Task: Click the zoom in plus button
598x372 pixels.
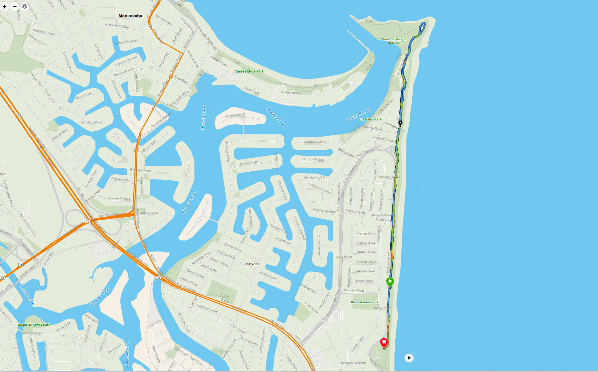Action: click(5, 6)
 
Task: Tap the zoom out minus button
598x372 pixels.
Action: click(15, 6)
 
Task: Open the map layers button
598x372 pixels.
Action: click(25, 6)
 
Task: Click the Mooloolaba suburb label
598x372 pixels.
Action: click(130, 16)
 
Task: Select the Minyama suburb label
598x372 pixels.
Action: click(253, 264)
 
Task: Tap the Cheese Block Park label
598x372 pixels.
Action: click(249, 71)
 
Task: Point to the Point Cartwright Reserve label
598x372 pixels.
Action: click(394, 41)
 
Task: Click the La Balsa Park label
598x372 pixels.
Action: click(371, 119)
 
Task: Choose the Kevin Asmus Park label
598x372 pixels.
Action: click(364, 302)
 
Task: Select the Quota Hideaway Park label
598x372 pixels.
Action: click(34, 325)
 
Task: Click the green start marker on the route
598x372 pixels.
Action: click(390, 281)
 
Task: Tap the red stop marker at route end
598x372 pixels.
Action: click(384, 342)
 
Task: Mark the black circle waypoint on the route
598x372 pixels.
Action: click(400, 123)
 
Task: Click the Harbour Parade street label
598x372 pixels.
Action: click(313, 159)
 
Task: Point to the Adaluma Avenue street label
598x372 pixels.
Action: click(314, 142)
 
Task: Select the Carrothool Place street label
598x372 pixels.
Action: click(91, 122)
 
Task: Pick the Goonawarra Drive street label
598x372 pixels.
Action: click(117, 26)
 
